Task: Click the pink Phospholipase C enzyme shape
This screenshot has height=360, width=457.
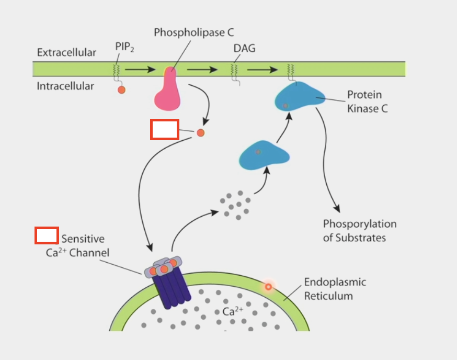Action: (168, 92)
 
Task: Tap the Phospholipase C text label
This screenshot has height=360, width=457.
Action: (193, 32)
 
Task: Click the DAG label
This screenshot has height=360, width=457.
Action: (244, 49)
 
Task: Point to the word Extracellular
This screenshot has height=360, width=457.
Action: (66, 53)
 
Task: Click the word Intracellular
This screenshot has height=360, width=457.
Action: (65, 86)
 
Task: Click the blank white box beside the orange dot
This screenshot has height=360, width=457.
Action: (165, 129)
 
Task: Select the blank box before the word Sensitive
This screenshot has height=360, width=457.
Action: (47, 235)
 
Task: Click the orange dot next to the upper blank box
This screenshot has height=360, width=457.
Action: (200, 133)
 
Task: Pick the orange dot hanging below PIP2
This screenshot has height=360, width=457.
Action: (121, 89)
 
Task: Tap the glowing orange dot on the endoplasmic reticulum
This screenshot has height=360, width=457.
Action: (268, 286)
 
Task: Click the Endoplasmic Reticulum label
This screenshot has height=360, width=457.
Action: (335, 289)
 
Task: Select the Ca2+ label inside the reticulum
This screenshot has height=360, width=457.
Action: (233, 311)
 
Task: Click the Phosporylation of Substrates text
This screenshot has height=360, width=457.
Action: (359, 231)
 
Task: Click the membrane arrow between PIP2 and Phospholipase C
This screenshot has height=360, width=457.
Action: (140, 69)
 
